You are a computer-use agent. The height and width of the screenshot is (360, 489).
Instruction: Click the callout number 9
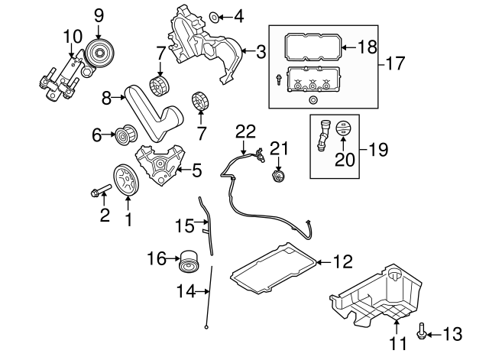tap(98, 14)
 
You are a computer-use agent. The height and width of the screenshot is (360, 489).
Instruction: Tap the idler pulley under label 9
tap(98, 53)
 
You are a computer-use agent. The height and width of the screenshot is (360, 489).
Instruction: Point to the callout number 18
tap(368, 47)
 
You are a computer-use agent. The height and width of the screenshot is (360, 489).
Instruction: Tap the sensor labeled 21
tap(278, 177)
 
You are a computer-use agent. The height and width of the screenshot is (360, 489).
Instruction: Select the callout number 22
tap(244, 131)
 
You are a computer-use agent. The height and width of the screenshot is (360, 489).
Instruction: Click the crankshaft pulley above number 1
tap(127, 178)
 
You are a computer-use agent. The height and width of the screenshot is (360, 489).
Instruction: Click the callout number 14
tap(182, 290)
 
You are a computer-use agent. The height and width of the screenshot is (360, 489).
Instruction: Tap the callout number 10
tap(73, 36)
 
